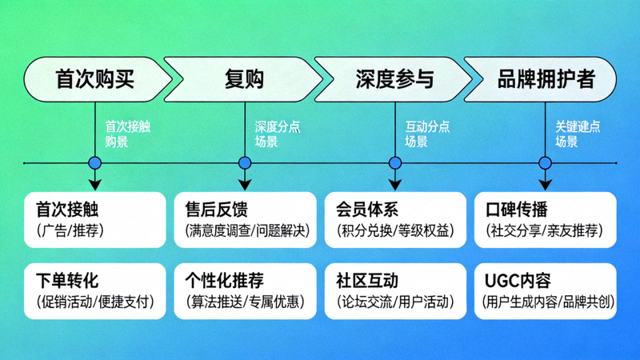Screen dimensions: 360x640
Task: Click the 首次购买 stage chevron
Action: tap(94, 79)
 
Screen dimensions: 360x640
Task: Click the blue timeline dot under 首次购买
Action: tap(95, 163)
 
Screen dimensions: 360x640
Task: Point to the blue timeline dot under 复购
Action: tap(245, 163)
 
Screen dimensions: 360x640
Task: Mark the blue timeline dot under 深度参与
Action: tap(394, 163)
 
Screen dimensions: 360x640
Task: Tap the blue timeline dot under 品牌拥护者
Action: tap(545, 163)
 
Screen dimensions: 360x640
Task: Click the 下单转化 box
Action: tap(94, 290)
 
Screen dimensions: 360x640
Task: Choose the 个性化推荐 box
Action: tap(245, 290)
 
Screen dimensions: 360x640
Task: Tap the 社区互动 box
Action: tap(394, 290)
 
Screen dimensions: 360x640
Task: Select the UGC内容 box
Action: tap(545, 290)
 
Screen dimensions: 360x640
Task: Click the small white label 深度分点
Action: tap(277, 126)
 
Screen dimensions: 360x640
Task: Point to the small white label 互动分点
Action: tap(427, 126)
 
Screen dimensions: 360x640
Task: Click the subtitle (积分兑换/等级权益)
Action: tap(394, 231)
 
